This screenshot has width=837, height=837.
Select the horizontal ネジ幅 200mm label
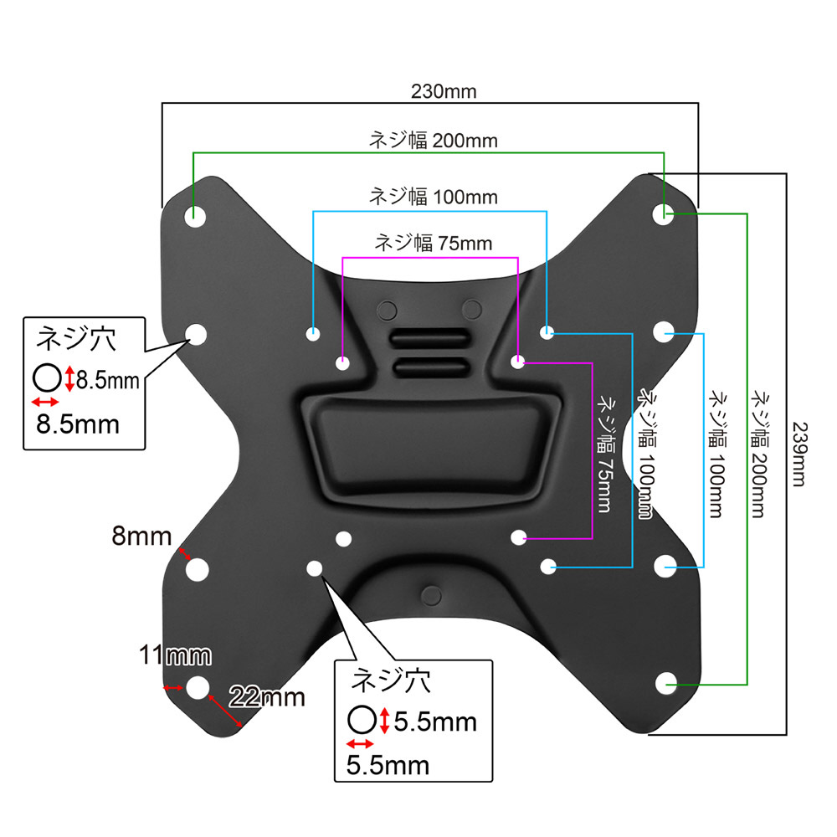tap(433, 141)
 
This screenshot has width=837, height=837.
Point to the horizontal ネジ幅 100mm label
tap(433, 198)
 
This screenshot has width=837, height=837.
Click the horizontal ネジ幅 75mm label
tap(433, 244)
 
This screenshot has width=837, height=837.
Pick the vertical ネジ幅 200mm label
tap(758, 452)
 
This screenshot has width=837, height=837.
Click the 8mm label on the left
tap(142, 536)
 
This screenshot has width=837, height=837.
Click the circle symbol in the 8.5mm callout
tap(47, 378)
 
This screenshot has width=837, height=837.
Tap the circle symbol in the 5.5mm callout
tap(361, 720)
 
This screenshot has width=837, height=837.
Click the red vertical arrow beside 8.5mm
tap(69, 379)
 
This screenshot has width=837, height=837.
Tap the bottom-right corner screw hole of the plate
tap(666, 684)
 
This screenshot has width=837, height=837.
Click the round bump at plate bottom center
tap(430, 595)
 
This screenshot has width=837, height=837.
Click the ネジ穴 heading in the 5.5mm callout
tap(391, 680)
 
